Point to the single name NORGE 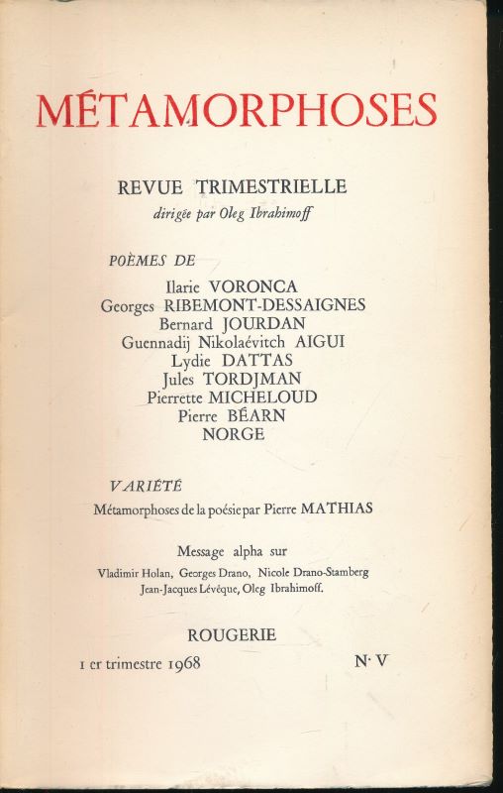(233, 433)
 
